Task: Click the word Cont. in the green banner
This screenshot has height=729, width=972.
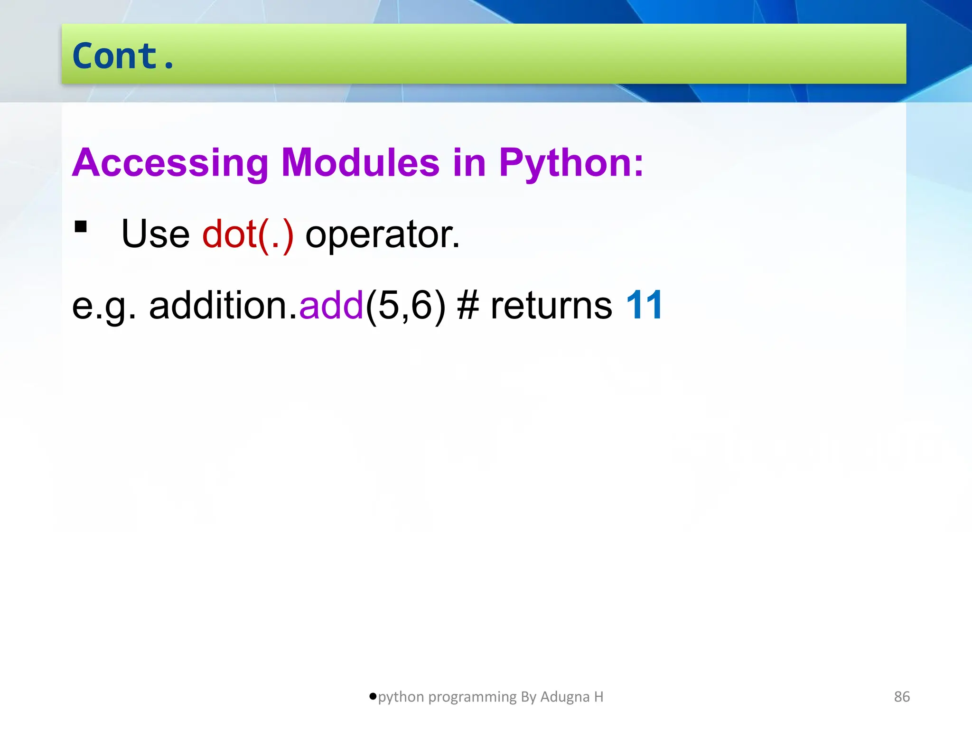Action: tap(123, 56)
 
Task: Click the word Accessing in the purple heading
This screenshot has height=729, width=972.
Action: tap(170, 163)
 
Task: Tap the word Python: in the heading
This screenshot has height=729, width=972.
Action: tap(571, 163)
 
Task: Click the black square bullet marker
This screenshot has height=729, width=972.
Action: tap(81, 227)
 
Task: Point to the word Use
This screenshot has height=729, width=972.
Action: tap(155, 234)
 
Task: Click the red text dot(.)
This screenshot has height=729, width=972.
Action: tap(248, 234)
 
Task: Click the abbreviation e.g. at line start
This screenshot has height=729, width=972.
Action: tap(103, 306)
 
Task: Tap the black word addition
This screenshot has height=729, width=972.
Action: tap(223, 305)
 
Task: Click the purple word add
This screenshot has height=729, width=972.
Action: tap(331, 305)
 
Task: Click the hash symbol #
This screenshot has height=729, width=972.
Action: tap(468, 305)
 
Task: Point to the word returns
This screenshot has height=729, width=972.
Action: tap(551, 305)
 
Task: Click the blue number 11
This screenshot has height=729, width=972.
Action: tap(644, 305)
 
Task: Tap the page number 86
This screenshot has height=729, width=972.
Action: tap(902, 697)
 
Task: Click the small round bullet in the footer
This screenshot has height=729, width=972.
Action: tap(373, 696)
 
